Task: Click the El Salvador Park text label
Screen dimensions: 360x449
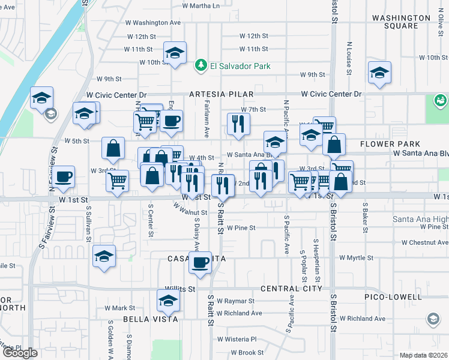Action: coord(240,66)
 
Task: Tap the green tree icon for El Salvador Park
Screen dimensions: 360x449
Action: coord(201,66)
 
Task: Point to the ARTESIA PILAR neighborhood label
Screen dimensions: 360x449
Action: coord(221,95)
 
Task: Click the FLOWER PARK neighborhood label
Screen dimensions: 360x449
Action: coord(390,144)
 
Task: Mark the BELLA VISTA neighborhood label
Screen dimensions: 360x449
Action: coord(151,319)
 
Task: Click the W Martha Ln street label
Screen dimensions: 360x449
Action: coord(201,6)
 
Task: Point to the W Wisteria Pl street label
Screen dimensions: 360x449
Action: coord(237,338)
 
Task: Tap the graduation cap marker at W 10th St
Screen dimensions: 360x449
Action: coord(175,53)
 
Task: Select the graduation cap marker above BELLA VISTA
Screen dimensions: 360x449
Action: coord(169,301)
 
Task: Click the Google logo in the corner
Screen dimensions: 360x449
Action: coord(20,353)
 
